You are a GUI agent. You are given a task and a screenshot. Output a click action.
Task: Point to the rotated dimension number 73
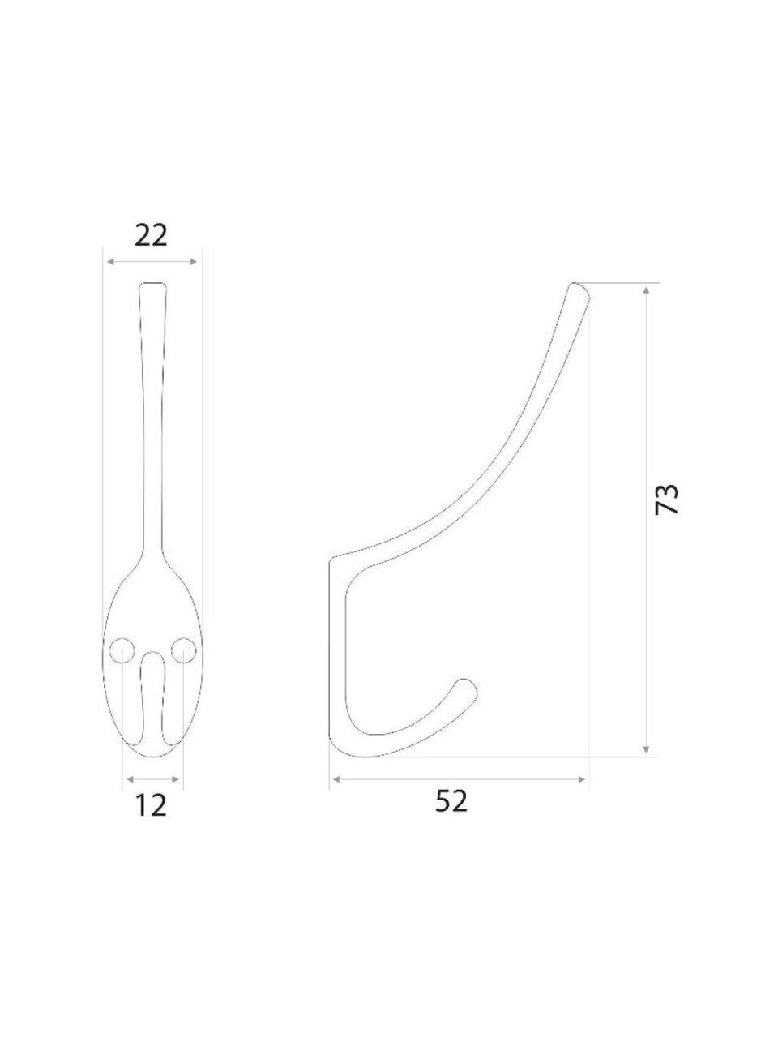(666, 499)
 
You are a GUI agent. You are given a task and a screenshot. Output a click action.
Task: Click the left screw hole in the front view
(122, 650)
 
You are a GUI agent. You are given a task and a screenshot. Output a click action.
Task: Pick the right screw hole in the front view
(183, 650)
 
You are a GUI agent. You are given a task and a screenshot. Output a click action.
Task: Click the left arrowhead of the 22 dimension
(110, 261)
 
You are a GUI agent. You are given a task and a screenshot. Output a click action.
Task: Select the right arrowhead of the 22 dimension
(193, 261)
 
